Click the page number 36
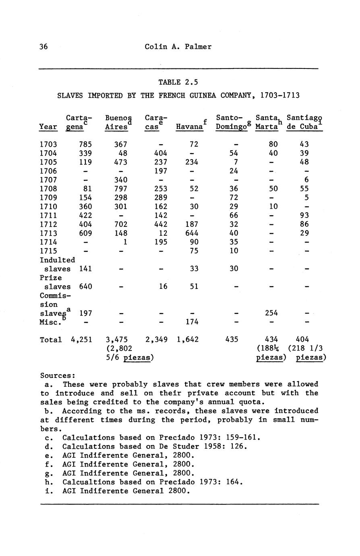coord(43,47)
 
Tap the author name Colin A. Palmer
coord(178,47)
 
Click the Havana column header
coord(189,127)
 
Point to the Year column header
coord(48,127)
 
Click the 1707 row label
coord(48,180)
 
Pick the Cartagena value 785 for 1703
coord(85,144)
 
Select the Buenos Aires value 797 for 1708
coord(121,189)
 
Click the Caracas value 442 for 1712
coord(161,224)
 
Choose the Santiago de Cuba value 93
coord(304,215)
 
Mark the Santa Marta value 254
coord(271,313)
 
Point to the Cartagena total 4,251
coord(82,340)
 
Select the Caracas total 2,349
coord(156,340)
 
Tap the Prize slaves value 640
coord(85,286)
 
